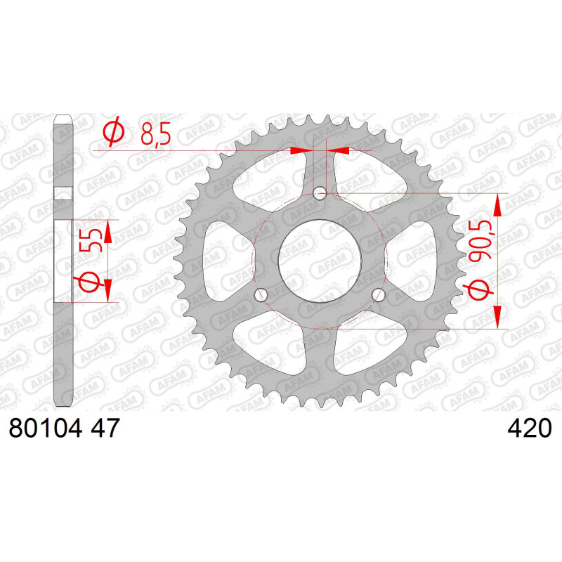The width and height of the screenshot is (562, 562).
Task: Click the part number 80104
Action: coord(45,428)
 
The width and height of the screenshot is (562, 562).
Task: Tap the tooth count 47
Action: coord(105,428)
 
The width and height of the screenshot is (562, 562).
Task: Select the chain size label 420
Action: coord(530,428)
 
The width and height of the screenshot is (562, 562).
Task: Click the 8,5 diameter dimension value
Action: coord(155,133)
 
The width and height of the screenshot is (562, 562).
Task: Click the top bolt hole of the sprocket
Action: coord(320,194)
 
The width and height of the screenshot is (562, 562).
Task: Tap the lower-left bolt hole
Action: coord(261,295)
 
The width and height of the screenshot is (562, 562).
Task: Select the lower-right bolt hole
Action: coord(379,295)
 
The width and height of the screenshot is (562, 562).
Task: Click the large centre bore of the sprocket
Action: coord(320,261)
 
